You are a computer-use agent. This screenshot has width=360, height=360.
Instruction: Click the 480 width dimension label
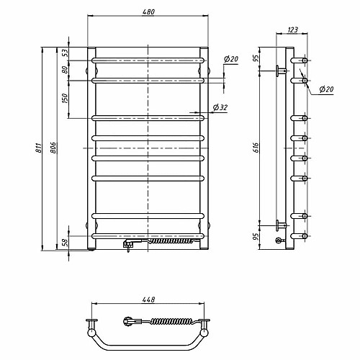(x=148, y=12)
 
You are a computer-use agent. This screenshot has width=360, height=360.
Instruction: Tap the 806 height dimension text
(x=53, y=148)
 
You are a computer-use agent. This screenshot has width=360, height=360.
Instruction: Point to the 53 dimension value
(x=66, y=53)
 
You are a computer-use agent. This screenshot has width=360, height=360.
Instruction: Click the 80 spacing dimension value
(x=65, y=70)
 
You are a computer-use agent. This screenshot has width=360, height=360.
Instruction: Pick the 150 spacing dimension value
(x=65, y=99)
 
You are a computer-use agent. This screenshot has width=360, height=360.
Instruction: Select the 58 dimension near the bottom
(x=66, y=243)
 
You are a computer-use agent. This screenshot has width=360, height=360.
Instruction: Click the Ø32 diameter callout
(x=220, y=107)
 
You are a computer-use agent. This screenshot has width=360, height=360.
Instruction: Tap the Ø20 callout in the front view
(x=231, y=59)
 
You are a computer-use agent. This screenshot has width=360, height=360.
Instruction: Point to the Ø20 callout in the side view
(x=326, y=89)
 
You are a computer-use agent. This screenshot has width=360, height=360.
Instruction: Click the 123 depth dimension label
(x=292, y=30)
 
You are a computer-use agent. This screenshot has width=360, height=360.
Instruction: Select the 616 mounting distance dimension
(x=256, y=148)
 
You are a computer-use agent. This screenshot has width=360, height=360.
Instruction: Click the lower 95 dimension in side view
(x=256, y=237)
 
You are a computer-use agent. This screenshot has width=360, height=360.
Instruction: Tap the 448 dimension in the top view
(x=148, y=300)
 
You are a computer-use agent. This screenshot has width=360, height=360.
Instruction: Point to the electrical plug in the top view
(x=128, y=321)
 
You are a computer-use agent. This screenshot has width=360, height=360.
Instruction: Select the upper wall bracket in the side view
(x=281, y=71)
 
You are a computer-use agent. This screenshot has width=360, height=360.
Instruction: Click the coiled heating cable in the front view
(x=171, y=240)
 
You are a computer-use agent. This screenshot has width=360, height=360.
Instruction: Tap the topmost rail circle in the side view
(x=305, y=60)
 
